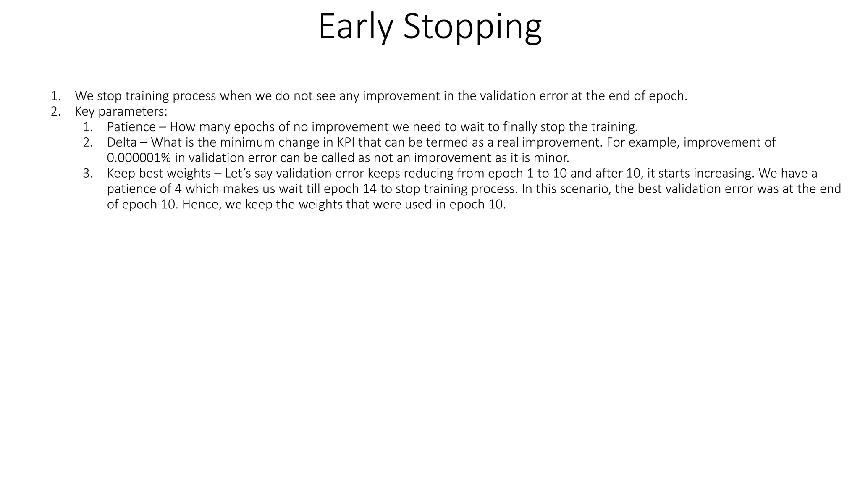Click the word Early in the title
pos(355,27)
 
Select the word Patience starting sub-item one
pos(131,126)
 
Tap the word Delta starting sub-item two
pos(122,142)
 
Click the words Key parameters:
pos(121,111)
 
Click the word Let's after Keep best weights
pos(238,173)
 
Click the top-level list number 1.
pos(55,96)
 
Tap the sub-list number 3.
pos(87,173)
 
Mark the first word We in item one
pos(84,96)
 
